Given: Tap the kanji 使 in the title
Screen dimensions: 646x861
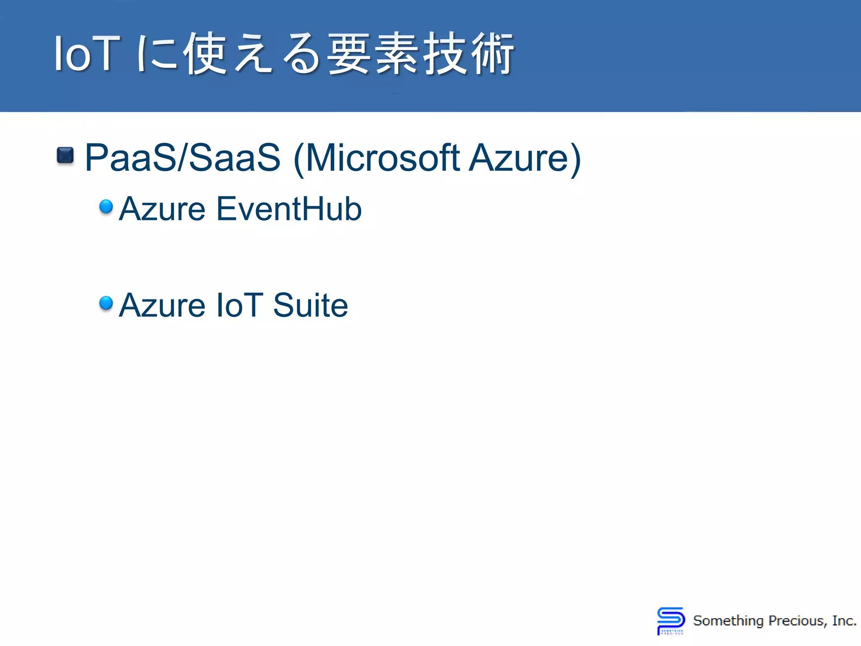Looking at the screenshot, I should tap(205, 54).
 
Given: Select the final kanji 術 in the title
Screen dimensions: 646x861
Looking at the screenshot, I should tap(492, 54).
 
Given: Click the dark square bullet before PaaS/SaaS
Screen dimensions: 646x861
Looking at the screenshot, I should tap(65, 155).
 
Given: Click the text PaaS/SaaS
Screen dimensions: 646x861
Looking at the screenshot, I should tap(182, 158).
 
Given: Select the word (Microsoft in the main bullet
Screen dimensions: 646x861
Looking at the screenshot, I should tap(376, 158).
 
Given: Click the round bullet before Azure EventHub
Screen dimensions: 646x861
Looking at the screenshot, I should tap(106, 206).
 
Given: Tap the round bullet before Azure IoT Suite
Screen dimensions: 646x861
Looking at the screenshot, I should tap(106, 302).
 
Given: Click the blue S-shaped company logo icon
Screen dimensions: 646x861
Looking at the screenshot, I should tap(671, 620).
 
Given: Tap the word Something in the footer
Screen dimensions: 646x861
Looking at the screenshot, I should tap(728, 621).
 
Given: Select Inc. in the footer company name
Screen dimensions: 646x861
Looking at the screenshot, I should tap(844, 621).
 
